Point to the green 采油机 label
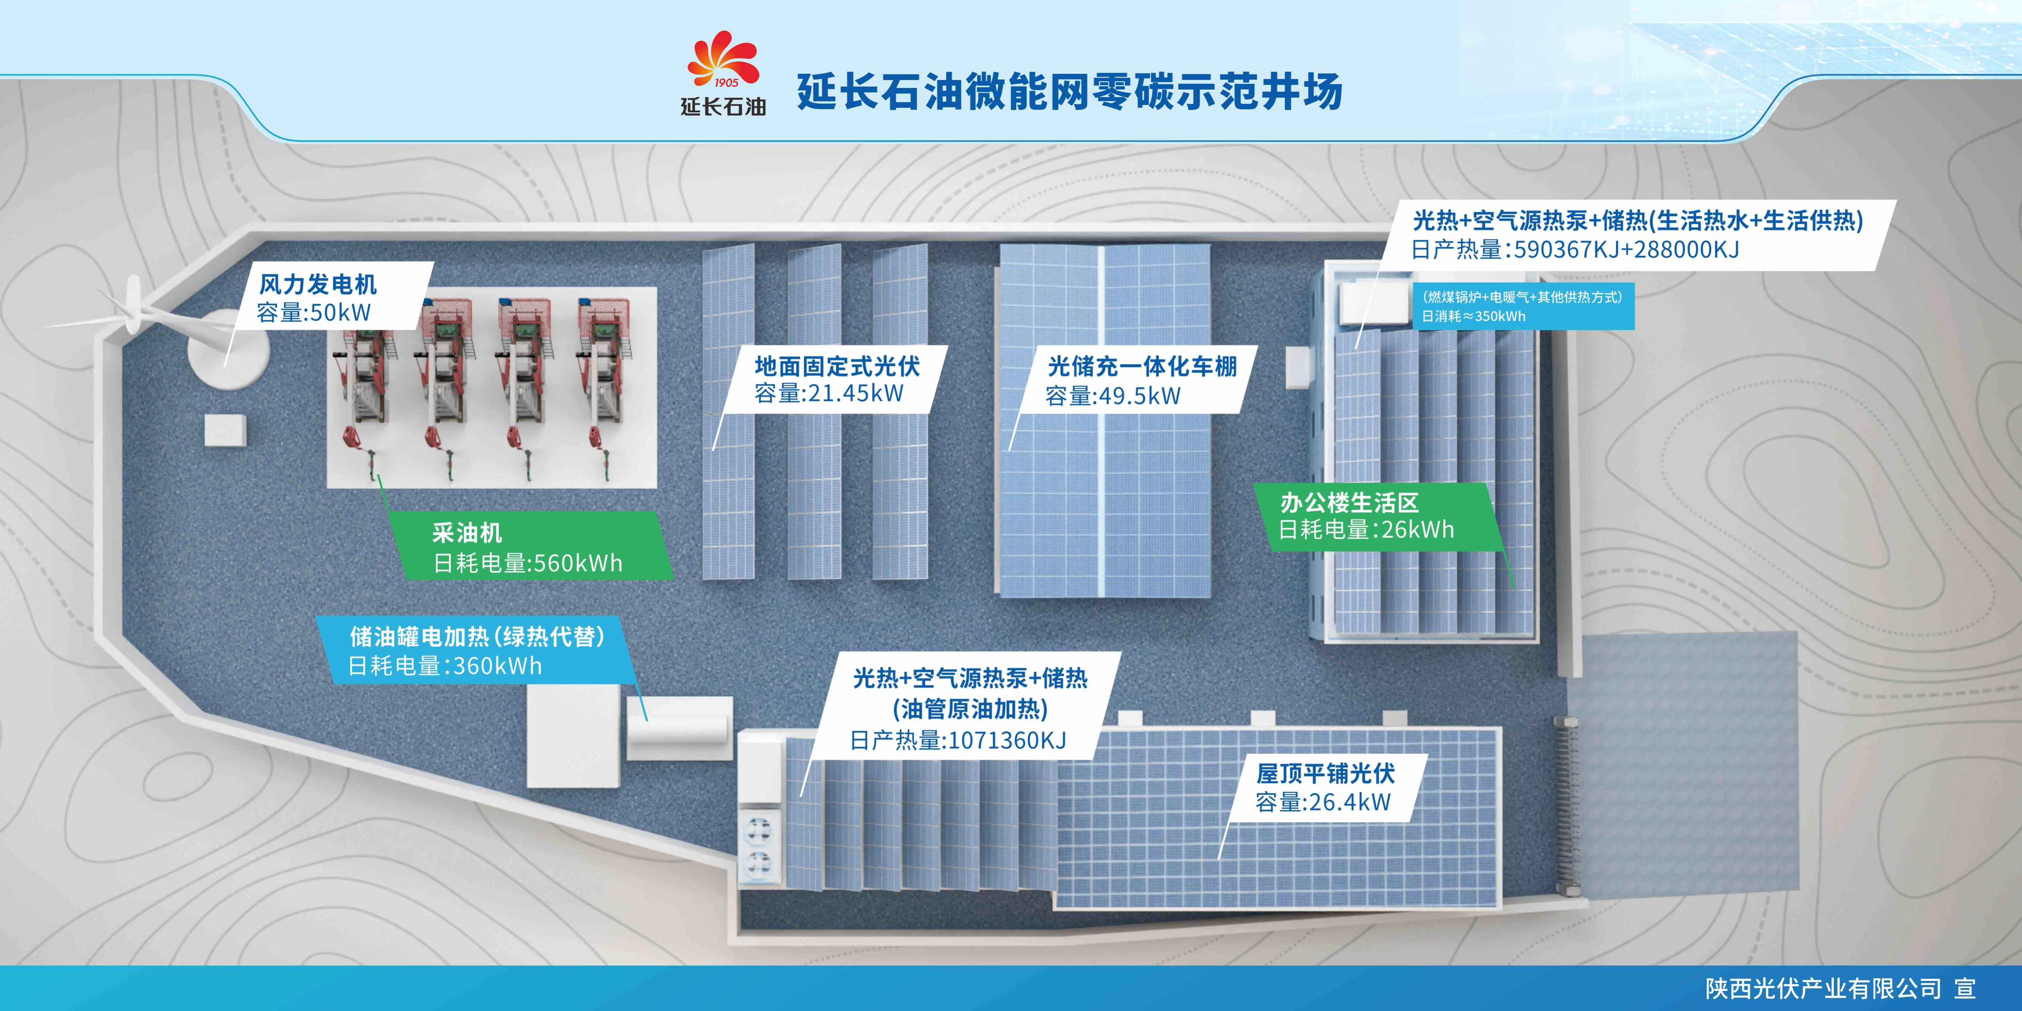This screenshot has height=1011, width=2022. point(467,533)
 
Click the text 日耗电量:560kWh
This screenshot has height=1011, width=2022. point(527,563)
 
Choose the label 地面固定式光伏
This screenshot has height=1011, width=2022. point(837,366)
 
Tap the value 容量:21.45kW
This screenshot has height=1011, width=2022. point(829,393)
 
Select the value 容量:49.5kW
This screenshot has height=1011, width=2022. point(1113,396)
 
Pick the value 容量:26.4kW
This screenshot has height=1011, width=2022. point(1323,802)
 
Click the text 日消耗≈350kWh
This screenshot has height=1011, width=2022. point(1474,316)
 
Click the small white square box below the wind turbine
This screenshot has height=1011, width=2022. point(225,430)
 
